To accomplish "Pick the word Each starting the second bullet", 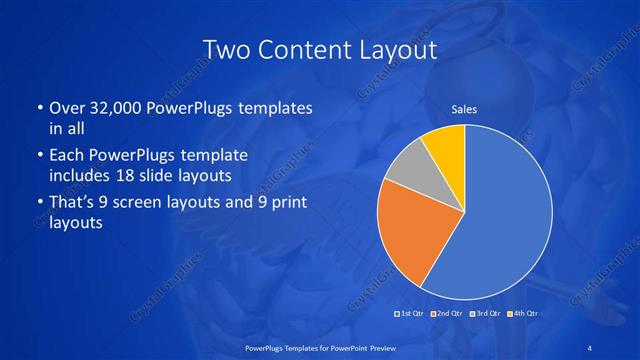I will click(x=67, y=156).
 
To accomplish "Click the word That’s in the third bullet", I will click(x=73, y=205).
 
